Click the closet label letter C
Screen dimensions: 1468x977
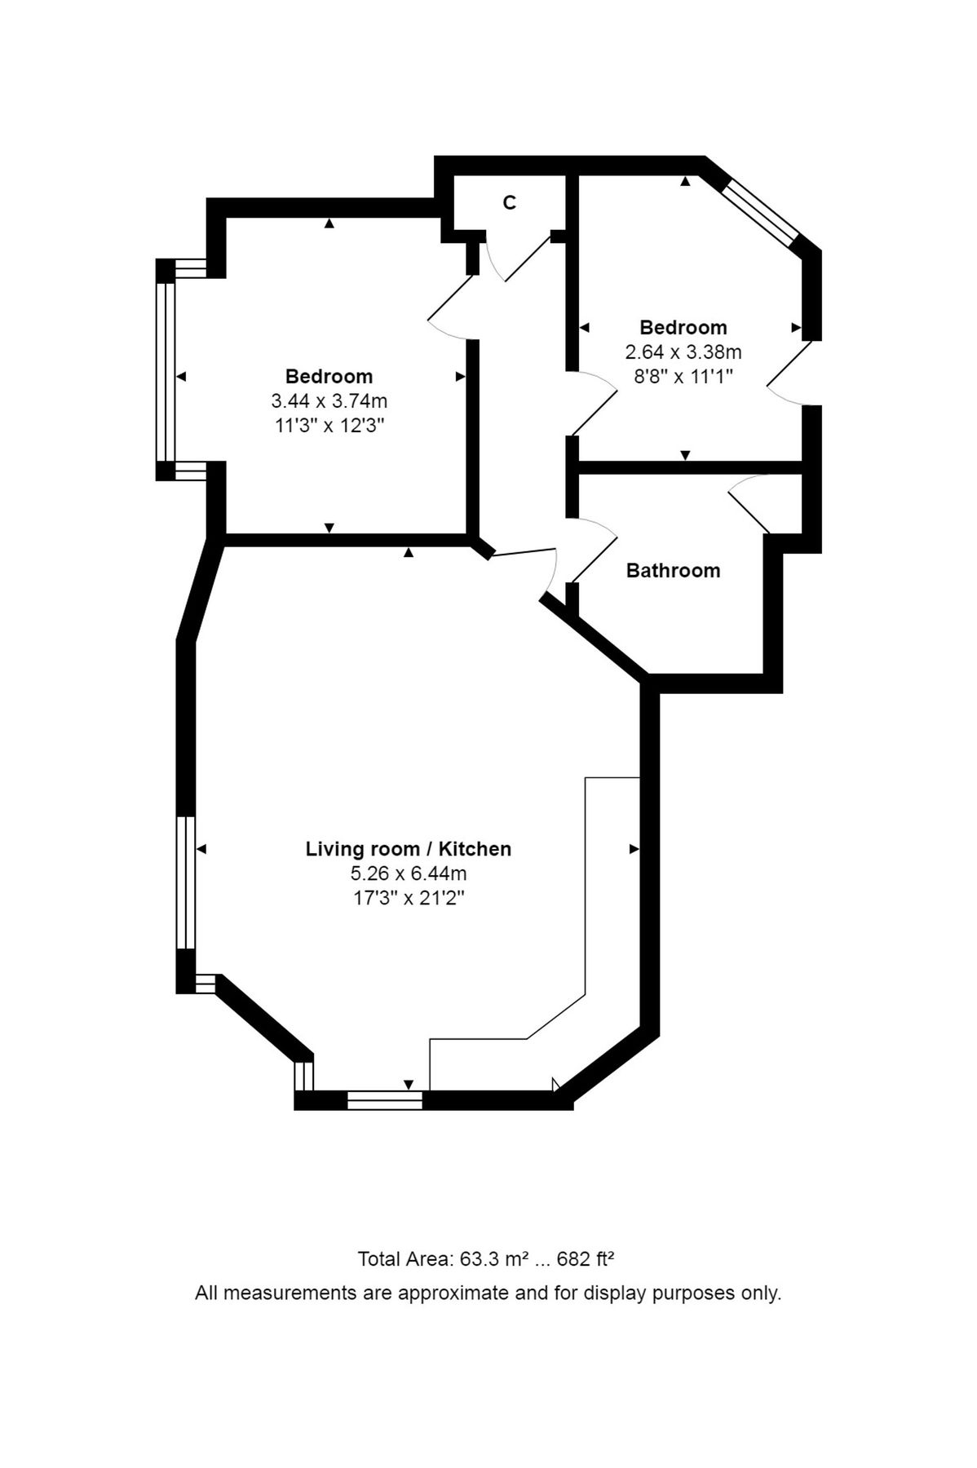(509, 203)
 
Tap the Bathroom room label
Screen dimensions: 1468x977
(673, 570)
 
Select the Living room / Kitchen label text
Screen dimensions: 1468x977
(408, 849)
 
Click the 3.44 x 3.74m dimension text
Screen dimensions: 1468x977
(329, 401)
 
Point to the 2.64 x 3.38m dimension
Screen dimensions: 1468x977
(683, 352)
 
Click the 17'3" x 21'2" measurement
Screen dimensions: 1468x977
(408, 898)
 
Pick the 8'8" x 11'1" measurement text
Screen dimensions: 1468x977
(683, 377)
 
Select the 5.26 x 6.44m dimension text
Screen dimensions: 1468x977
(408, 873)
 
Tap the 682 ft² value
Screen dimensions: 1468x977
(585, 1258)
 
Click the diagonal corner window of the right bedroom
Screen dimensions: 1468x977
(760, 211)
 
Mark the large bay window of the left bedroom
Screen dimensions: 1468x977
(166, 371)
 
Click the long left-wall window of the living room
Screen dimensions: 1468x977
(186, 882)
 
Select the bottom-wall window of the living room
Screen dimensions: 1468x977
(385, 1100)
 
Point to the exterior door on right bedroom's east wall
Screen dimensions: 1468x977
(789, 374)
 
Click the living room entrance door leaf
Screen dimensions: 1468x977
(522, 554)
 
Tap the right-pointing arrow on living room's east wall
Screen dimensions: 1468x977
(634, 849)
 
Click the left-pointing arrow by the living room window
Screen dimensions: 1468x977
(201, 849)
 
